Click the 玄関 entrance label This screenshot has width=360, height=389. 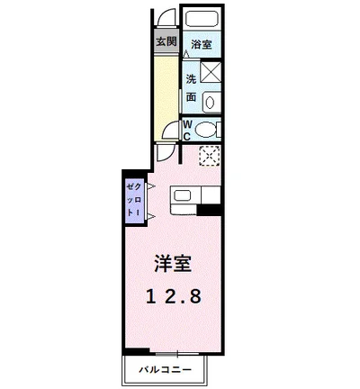pos(166,41)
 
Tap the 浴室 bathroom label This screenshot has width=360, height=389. pos(200,42)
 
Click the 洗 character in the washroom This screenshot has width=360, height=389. pos(191,76)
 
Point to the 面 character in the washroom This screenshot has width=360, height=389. pos(191,96)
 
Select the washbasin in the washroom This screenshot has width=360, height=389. pos(211,99)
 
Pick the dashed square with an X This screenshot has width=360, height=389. pos(209,155)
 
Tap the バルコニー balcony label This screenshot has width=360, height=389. pos(167,369)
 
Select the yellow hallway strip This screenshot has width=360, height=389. pos(166,90)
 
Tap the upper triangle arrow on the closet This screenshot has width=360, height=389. pos(149,187)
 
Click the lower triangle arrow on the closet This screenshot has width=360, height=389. pos(149,216)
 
